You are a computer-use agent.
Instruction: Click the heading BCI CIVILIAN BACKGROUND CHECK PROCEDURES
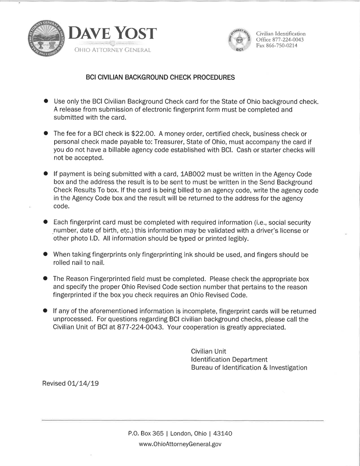click(160, 77)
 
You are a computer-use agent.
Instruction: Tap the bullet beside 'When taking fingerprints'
click(45, 254)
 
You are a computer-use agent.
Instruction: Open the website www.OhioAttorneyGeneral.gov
click(180, 444)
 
